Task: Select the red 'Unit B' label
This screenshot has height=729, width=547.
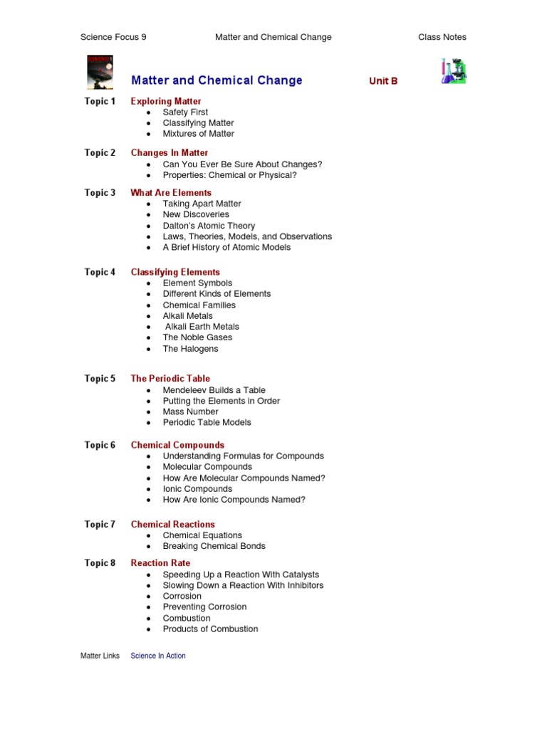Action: [383, 81]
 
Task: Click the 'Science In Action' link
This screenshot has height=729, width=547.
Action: [158, 656]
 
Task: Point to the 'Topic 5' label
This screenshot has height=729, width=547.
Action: [100, 379]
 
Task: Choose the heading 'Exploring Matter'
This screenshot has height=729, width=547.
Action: [166, 101]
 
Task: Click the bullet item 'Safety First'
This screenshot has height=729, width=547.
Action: [185, 112]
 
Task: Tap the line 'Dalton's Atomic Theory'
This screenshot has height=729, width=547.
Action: [209, 226]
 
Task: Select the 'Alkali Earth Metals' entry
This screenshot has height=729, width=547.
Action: [202, 327]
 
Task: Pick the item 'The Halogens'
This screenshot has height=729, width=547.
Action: [190, 349]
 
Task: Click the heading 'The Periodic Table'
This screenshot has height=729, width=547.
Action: [170, 379]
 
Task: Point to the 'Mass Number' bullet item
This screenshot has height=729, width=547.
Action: [190, 411]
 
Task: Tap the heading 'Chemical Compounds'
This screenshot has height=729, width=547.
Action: [177, 445]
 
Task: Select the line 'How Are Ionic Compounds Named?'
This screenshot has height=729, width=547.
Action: [234, 500]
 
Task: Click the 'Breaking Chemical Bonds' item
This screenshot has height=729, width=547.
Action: [214, 546]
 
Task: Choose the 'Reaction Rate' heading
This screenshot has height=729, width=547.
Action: [160, 563]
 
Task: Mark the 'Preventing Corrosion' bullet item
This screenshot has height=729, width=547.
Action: [204, 607]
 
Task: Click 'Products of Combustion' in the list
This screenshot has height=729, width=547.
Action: [210, 629]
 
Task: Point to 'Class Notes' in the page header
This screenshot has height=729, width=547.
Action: [442, 37]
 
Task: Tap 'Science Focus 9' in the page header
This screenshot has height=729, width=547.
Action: [113, 37]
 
